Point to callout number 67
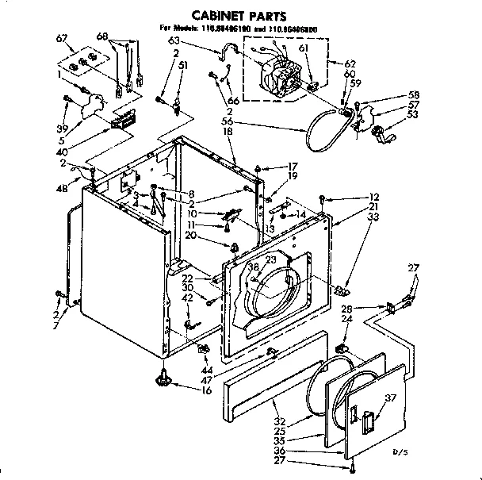tap(62, 39)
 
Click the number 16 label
tap(208, 390)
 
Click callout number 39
tap(61, 128)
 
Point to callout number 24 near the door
tap(346, 319)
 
